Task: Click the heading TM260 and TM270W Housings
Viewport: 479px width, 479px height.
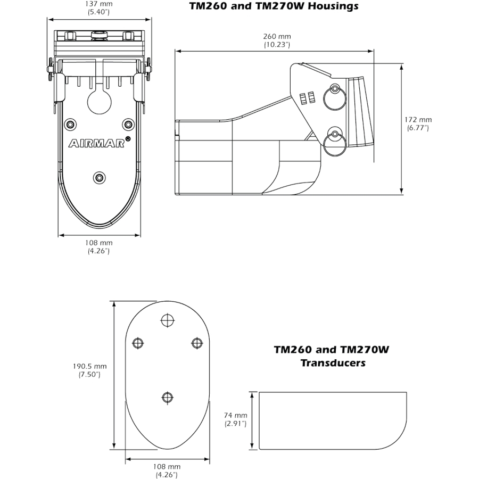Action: (x=274, y=6)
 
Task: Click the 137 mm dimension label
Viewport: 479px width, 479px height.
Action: (x=98, y=8)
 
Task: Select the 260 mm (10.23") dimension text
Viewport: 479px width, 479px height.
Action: (x=277, y=40)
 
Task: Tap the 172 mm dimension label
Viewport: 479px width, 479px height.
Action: (x=419, y=123)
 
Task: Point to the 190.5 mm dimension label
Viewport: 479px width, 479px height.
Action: (x=89, y=370)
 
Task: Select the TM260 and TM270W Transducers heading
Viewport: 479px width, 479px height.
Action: (x=331, y=357)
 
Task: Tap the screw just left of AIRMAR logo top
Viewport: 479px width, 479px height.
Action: (x=70, y=125)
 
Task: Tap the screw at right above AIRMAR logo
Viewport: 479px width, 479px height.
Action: (x=128, y=125)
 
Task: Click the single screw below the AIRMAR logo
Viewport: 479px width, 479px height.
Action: (x=98, y=177)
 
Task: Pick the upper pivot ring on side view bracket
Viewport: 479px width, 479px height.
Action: (x=336, y=89)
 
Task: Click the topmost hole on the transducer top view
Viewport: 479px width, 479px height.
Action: (x=167, y=320)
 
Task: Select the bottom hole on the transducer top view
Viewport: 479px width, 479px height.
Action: (x=167, y=397)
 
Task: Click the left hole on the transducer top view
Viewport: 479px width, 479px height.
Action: (x=138, y=343)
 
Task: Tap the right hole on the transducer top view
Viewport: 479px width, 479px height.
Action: (x=196, y=343)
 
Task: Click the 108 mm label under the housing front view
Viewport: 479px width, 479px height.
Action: (x=98, y=247)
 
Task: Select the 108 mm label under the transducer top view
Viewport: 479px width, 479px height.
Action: (x=166, y=470)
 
